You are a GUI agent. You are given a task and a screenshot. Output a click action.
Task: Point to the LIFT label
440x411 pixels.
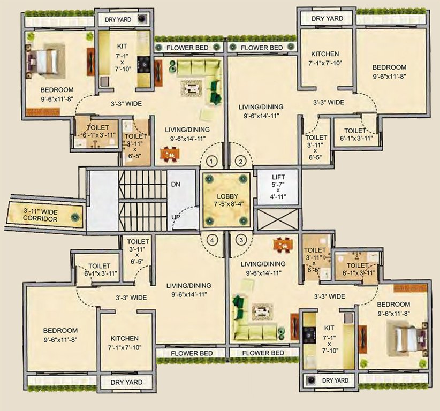click(x=278, y=177)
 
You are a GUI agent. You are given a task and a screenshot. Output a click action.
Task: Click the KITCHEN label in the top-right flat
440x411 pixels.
click(x=325, y=54)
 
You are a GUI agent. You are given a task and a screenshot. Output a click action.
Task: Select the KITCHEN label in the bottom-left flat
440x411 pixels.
click(x=125, y=339)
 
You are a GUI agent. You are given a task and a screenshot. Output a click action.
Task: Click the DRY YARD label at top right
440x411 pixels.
click(x=327, y=18)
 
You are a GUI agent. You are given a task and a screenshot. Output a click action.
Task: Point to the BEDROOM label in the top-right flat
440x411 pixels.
click(x=389, y=67)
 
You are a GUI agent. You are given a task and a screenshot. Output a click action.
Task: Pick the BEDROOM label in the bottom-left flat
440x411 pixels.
click(x=60, y=331)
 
